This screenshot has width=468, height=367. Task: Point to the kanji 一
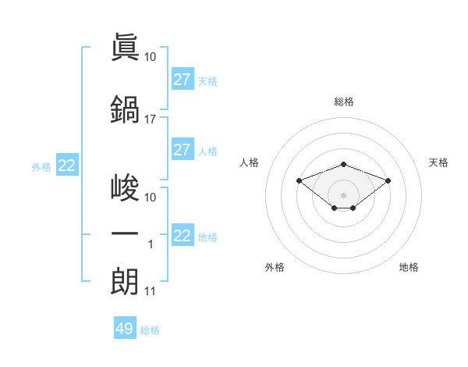(125, 234)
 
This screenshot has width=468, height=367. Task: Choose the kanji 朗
(125, 280)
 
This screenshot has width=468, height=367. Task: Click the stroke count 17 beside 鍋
(151, 119)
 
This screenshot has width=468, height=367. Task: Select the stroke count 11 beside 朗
(151, 292)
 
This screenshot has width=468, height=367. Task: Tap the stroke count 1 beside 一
(151, 245)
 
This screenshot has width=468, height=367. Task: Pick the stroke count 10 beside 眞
(151, 57)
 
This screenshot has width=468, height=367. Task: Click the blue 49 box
(125, 329)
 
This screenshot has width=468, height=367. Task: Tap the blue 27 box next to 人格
(182, 150)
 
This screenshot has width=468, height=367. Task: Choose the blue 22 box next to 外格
(67, 166)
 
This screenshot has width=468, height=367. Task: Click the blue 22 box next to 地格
(182, 236)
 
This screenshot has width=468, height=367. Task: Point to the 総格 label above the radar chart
(343, 102)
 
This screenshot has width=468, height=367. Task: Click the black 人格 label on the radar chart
(250, 162)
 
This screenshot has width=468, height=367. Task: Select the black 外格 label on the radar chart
(275, 267)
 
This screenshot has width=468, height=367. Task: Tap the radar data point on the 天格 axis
(388, 181)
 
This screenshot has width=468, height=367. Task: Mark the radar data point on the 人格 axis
(300, 181)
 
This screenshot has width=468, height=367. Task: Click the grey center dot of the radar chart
(343, 194)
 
